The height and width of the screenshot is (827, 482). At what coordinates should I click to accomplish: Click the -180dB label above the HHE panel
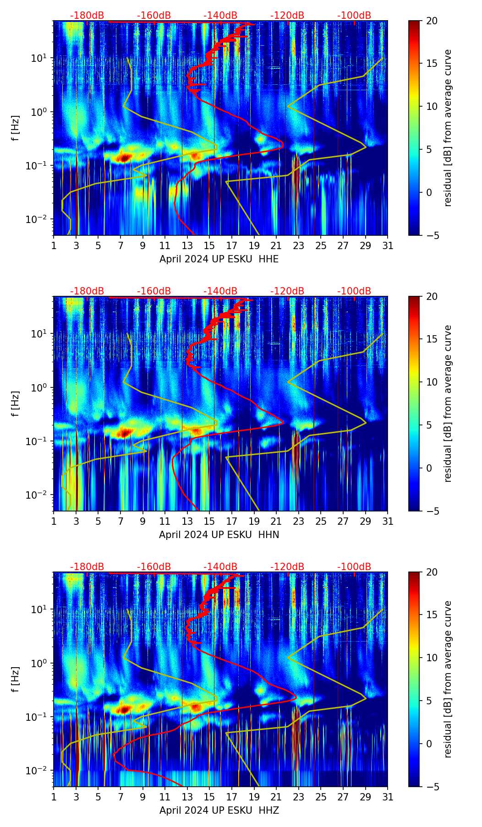point(87,16)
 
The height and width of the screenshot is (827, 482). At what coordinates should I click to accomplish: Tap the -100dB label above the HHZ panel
point(354,567)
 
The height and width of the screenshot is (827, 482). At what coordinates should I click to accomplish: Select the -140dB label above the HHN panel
point(220,291)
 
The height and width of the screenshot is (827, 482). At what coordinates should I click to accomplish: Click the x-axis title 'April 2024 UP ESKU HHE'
point(219,259)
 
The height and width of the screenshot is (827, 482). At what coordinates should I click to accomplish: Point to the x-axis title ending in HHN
point(219,535)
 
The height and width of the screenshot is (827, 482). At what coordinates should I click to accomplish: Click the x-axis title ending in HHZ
point(219,811)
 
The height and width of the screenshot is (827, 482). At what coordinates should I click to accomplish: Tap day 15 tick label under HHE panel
point(209,246)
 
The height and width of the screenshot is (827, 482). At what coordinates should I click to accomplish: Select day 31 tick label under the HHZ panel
point(387,797)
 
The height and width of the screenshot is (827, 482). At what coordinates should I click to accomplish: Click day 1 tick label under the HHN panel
point(54,522)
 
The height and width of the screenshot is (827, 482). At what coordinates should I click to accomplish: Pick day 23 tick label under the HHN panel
point(298,522)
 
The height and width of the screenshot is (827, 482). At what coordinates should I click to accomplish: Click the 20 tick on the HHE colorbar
point(432,21)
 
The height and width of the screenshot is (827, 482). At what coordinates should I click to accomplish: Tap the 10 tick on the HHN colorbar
point(432,382)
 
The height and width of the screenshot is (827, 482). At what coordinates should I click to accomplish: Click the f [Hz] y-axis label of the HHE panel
point(16,128)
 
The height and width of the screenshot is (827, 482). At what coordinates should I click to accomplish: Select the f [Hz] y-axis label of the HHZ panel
point(16,680)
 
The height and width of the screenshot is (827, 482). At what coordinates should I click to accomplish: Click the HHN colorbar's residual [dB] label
point(448,403)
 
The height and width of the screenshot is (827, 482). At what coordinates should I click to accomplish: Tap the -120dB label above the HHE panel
point(287,16)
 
